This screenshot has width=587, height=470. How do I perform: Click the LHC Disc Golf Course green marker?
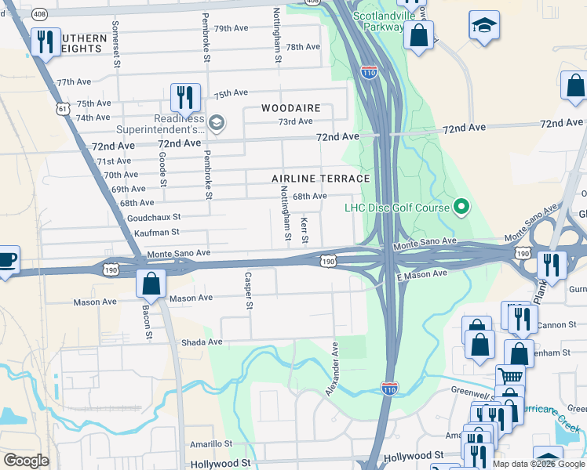click(x=461, y=208)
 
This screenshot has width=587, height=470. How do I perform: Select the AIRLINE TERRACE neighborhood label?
click(x=320, y=179)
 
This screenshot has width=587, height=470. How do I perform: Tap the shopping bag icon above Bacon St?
click(x=151, y=284)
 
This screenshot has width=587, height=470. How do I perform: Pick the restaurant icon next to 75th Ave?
click(x=185, y=97)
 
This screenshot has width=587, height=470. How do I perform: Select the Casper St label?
click(x=248, y=291)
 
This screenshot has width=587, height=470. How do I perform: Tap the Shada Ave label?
click(x=202, y=342)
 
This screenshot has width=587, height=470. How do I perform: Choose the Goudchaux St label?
click(x=154, y=217)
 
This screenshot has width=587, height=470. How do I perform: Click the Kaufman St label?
click(x=157, y=232)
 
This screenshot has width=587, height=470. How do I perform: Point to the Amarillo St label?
click(x=211, y=443)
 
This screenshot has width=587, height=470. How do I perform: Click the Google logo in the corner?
click(x=26, y=461)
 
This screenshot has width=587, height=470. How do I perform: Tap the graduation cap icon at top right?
click(x=484, y=25)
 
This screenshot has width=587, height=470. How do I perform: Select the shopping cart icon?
click(x=510, y=377)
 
